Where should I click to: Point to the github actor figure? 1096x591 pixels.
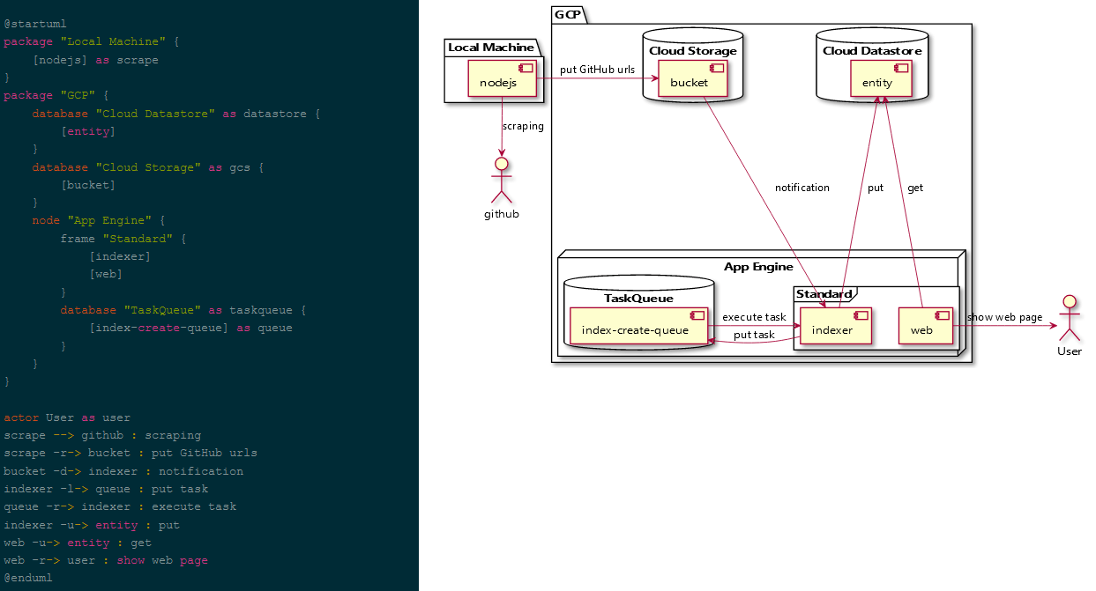pos(501,181)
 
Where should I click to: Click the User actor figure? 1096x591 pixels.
pos(1069,323)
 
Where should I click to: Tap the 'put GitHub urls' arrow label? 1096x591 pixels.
pos(597,70)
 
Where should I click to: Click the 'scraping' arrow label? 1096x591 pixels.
pos(523,126)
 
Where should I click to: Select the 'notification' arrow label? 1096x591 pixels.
pos(801,188)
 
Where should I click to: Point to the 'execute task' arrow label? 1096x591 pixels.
pos(754,317)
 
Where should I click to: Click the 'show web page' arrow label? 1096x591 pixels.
pos(1004,317)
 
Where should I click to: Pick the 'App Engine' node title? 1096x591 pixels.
pos(758,267)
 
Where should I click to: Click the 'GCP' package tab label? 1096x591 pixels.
pos(567,14)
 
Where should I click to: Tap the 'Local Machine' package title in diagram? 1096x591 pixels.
pos(490,47)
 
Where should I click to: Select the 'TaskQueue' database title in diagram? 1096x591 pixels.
pos(638,298)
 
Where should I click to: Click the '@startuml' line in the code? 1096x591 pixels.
pos(35,24)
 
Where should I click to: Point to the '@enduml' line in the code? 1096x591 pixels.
pos(28,578)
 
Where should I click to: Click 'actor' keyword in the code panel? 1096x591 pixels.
pos(21,417)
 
